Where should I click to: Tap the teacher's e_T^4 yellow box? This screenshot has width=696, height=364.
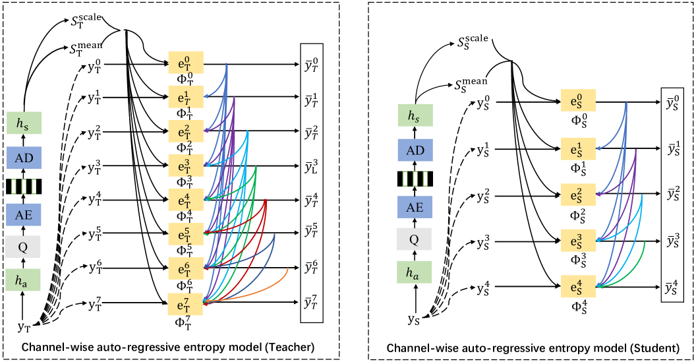186,198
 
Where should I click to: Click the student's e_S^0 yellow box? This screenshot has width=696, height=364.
578,102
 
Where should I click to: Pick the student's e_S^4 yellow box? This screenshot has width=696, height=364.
578,286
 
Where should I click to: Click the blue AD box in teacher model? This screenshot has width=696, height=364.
24,156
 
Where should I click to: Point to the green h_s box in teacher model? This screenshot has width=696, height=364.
24,123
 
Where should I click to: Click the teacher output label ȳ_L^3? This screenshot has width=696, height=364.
313,164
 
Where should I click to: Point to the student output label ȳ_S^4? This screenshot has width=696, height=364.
673,286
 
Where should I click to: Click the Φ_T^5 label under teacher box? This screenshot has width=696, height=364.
186,248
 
